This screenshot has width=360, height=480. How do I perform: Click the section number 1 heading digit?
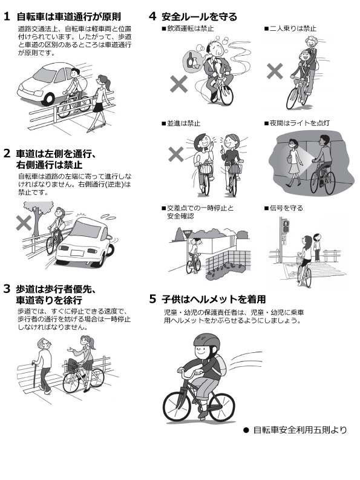click(x=7, y=17)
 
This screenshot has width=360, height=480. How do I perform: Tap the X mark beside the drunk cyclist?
click(x=179, y=84)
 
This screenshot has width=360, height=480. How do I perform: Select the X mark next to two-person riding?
click(x=275, y=71)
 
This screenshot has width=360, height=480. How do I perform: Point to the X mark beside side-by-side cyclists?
click(x=176, y=154)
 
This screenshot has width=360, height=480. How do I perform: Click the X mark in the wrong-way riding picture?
click(x=24, y=223)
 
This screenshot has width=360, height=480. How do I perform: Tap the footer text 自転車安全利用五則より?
click(x=300, y=430)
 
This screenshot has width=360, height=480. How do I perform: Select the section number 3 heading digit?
click(x=7, y=288)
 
